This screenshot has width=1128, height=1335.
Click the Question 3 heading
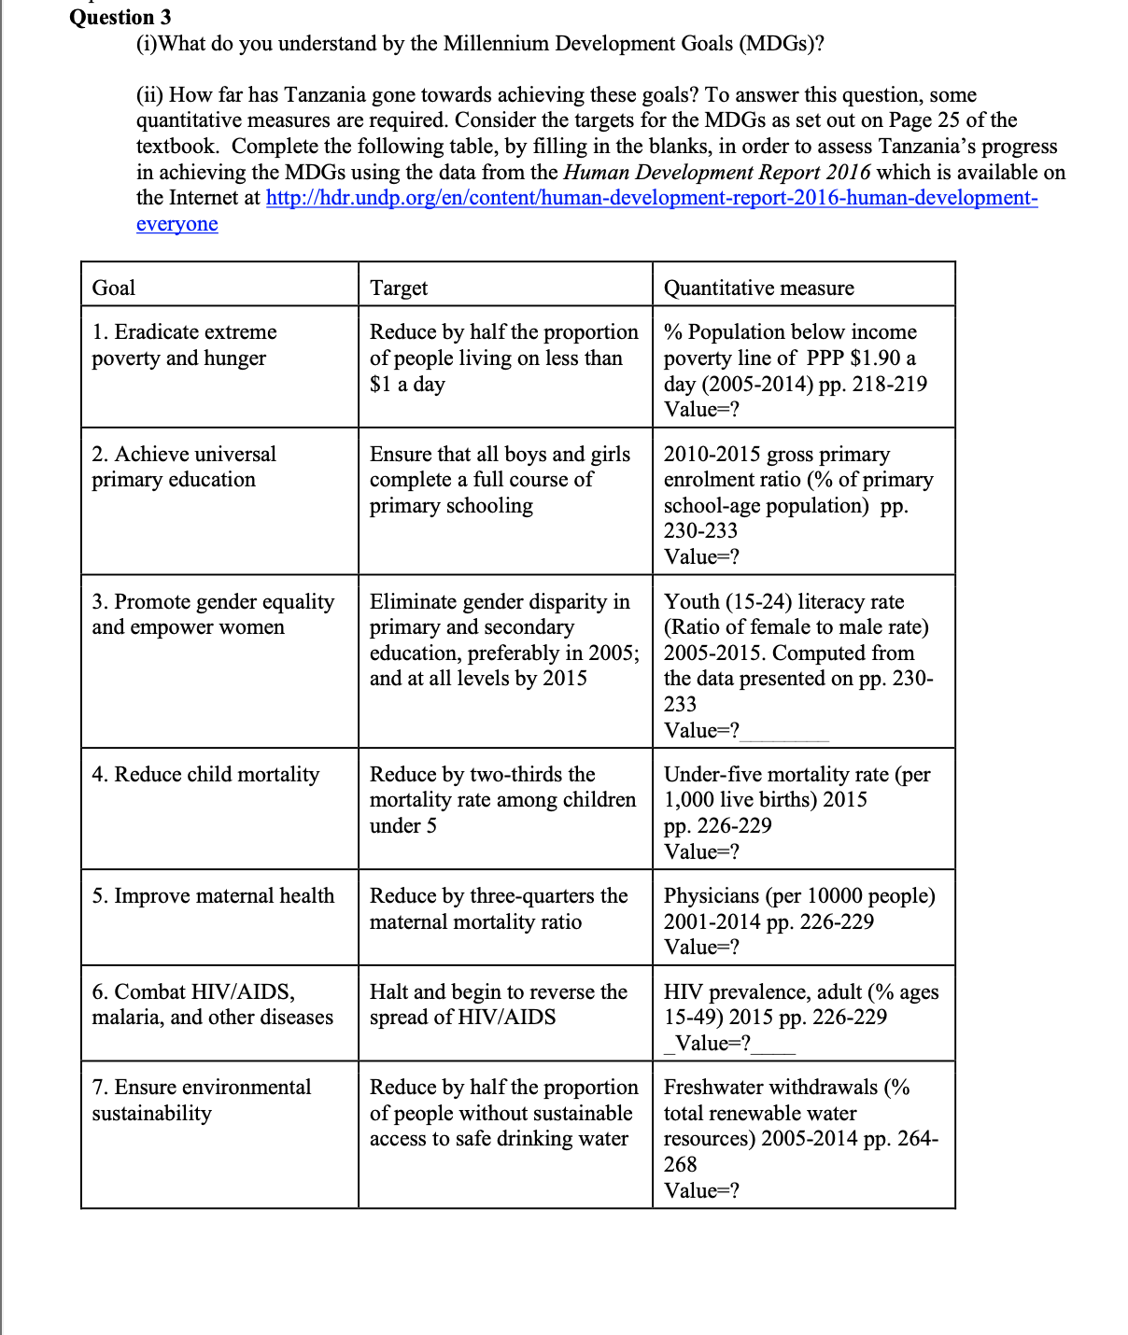(x=120, y=17)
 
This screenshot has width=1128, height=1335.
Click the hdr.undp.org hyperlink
(x=651, y=198)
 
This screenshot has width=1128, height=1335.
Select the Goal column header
(x=114, y=288)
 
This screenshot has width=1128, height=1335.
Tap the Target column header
(x=399, y=288)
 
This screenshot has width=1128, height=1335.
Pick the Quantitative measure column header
(x=758, y=288)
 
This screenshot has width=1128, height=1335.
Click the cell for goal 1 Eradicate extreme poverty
(x=184, y=345)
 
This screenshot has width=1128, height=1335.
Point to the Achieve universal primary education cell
(x=184, y=467)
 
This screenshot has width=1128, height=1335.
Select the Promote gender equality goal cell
(x=213, y=614)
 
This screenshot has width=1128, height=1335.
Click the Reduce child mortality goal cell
(x=205, y=775)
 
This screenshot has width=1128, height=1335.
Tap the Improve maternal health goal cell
(x=213, y=896)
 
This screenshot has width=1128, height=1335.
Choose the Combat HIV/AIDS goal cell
(x=212, y=1005)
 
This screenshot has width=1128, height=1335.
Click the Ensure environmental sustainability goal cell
(x=202, y=1100)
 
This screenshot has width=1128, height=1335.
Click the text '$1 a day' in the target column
(x=407, y=385)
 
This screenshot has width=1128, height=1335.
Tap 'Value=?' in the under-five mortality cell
(x=701, y=851)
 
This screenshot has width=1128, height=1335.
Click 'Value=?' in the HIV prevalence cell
(x=712, y=1044)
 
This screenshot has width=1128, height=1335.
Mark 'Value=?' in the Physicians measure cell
(x=701, y=947)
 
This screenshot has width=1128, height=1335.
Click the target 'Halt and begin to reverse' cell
(x=499, y=1005)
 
